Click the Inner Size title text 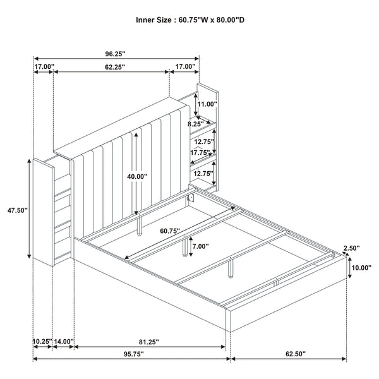coord(190,20)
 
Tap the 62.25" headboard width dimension coord(112,66)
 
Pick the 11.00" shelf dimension coord(207,104)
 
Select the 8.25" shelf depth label coord(196,124)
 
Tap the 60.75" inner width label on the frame coord(169,231)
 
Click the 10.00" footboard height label coord(361,268)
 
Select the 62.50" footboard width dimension coord(290,353)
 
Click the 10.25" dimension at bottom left coord(42,342)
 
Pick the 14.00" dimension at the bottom coord(64,342)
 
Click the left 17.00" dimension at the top coord(44,66)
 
